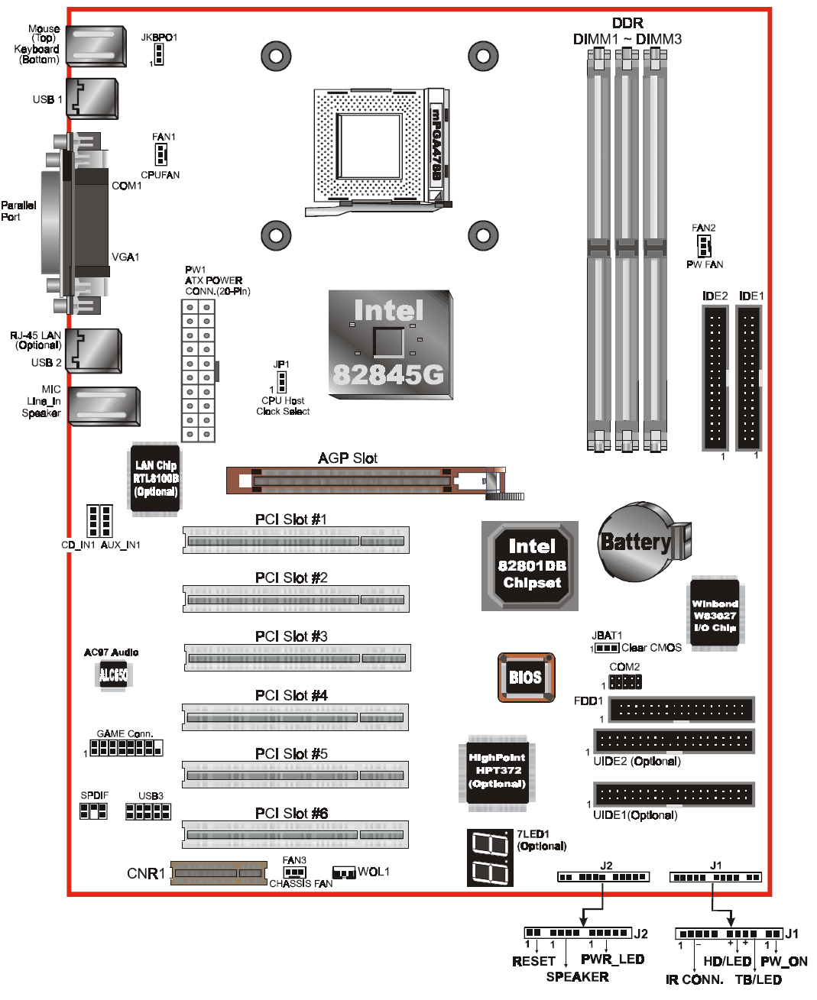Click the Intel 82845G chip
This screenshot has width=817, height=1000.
tap(391, 345)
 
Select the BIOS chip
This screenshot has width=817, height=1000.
tap(526, 677)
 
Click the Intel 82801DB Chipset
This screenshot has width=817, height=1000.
tap(530, 565)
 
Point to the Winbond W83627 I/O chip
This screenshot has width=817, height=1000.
tap(715, 614)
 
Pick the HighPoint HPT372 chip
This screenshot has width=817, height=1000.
tap(498, 771)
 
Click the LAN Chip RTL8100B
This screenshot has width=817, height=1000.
tap(155, 478)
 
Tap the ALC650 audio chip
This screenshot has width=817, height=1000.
tap(113, 675)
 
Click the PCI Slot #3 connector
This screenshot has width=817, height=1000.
tap(297, 658)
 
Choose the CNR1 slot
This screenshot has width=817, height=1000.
tap(219, 873)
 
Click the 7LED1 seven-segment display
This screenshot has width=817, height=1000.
tap(490, 858)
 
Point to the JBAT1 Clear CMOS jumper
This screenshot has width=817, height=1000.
tap(607, 648)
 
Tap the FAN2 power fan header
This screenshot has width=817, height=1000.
tap(704, 246)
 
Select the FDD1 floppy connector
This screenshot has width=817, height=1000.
tap(682, 710)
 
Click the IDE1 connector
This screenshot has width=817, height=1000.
tap(749, 378)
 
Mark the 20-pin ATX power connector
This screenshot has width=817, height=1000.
tap(198, 371)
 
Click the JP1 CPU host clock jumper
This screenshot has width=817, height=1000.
tap(281, 382)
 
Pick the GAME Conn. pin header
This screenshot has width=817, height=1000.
tap(126, 748)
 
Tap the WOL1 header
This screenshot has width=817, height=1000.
tap(344, 873)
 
